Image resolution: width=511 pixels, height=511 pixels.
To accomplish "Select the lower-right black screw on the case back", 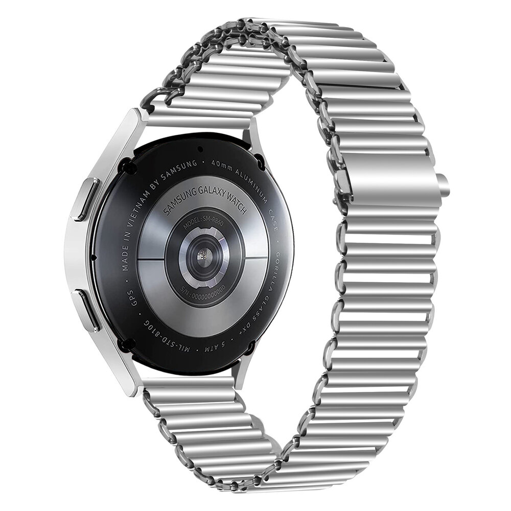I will pyautogui.click(x=250, y=348).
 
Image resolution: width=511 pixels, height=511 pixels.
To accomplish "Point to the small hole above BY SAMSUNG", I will pyautogui.click(x=200, y=149).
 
